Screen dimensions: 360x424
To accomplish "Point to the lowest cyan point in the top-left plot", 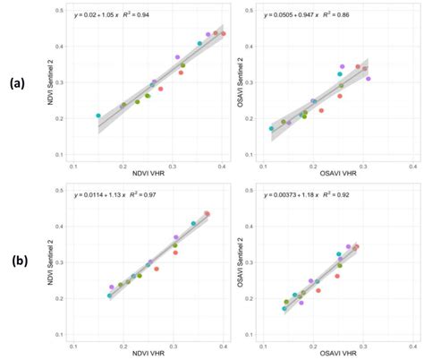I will [x=98, y=116].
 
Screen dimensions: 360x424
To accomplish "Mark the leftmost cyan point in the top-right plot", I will [x=272, y=129].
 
